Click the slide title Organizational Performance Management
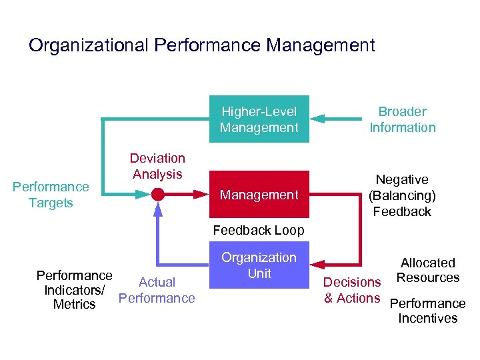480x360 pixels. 202,46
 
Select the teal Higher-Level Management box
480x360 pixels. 259,119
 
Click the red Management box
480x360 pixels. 259,195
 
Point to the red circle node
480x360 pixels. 158,195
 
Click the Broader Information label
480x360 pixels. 402,119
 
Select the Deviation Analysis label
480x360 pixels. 157,166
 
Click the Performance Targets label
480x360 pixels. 51,195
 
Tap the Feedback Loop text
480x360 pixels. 259,231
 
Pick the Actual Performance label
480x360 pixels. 157,290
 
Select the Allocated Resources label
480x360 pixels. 427,270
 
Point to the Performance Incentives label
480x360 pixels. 427,311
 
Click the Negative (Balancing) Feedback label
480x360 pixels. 402,195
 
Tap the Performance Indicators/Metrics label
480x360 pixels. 74,290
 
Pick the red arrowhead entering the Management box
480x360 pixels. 201,195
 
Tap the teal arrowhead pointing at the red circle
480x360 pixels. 143,195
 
